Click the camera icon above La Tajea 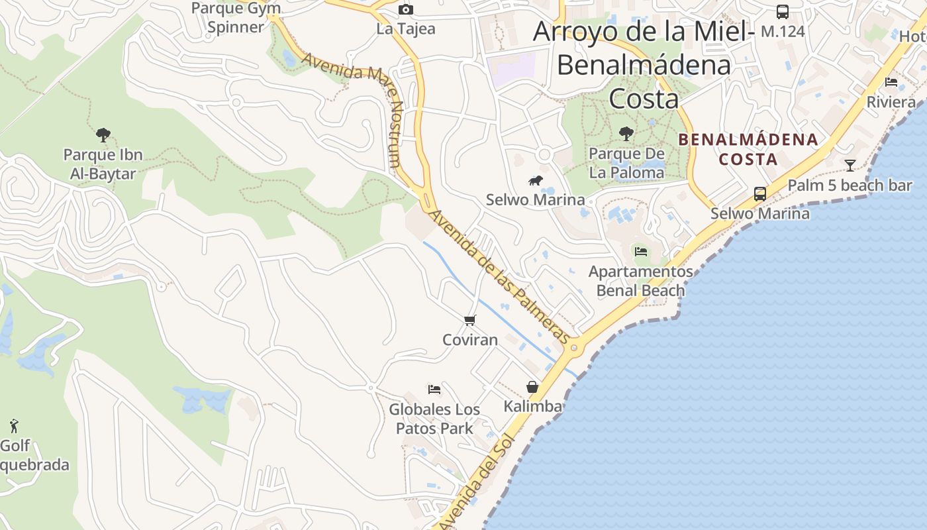(406, 9)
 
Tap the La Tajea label (406, 28)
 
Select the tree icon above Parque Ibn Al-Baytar (103, 135)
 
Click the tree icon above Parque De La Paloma (626, 134)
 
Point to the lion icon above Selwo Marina (535, 180)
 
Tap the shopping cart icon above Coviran (470, 321)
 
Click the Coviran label (470, 340)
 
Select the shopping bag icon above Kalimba (532, 387)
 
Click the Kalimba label (533, 406)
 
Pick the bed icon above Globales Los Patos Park (434, 389)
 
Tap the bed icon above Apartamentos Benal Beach (640, 252)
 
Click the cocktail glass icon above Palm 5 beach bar (850, 165)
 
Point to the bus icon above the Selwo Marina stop (760, 194)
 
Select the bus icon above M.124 (783, 11)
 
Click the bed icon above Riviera (891, 82)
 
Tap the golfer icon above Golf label (14, 425)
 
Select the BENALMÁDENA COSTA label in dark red (748, 150)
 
